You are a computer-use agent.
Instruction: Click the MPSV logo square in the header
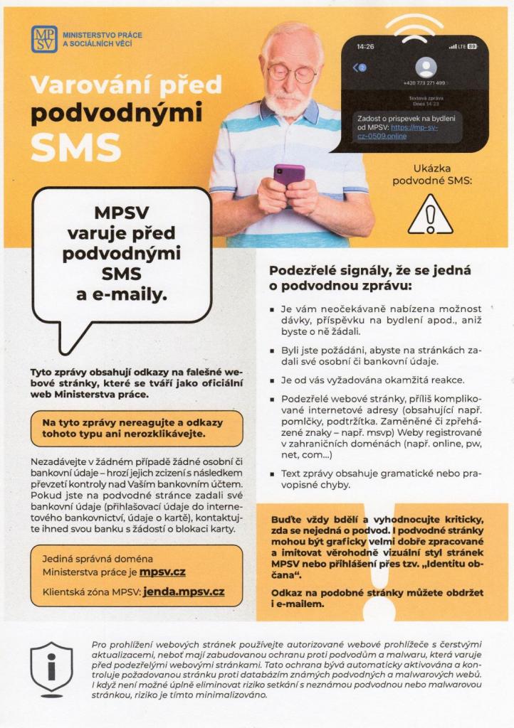44,39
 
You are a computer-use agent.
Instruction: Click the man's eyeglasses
292,73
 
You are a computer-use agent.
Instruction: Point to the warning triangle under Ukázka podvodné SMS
430,215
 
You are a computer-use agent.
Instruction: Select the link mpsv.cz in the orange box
163,572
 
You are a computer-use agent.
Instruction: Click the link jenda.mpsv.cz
184,591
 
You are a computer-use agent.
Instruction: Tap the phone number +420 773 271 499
424,83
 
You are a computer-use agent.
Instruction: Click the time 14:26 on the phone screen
365,47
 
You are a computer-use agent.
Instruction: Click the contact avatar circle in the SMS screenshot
426,67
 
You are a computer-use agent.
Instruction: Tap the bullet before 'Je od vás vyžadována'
273,380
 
